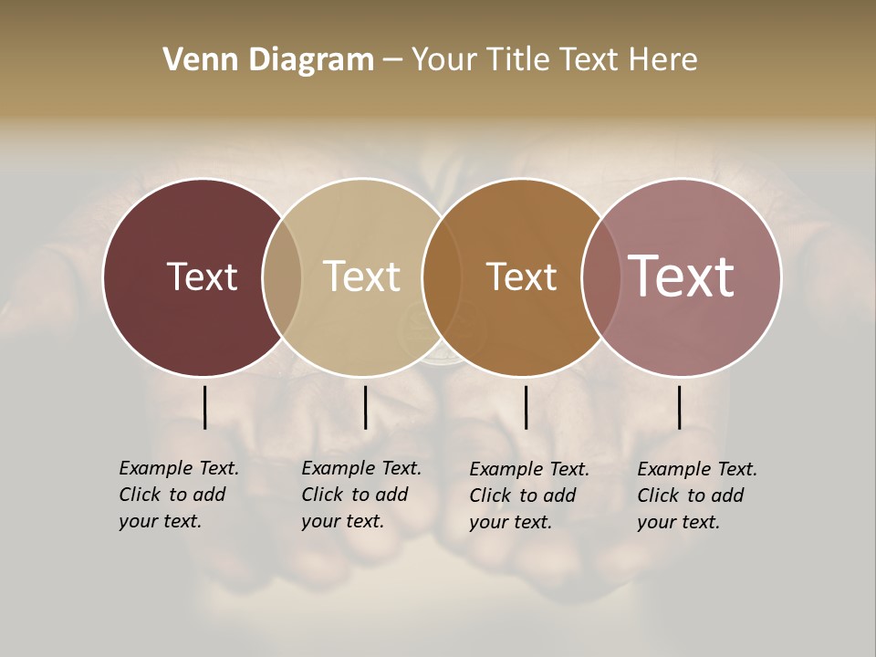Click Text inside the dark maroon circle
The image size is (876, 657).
point(202,276)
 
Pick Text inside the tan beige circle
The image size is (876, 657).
point(361,276)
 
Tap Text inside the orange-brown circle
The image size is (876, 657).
point(521,276)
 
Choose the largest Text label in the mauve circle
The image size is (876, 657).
point(681,276)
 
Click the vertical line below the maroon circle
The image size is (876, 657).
point(204,407)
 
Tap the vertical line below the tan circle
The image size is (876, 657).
point(365,407)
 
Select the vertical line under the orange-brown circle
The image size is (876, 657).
point(526,407)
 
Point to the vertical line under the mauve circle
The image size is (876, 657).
point(679,407)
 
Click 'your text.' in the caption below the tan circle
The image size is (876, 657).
point(342,521)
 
